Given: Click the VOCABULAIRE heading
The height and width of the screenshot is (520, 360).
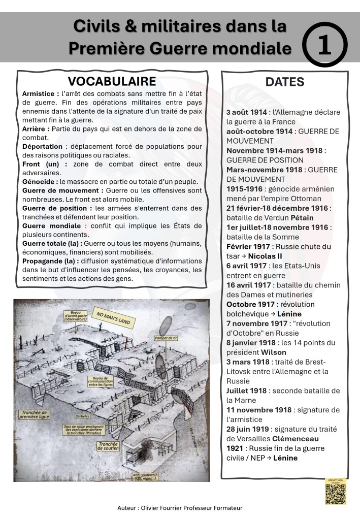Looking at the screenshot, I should (112, 82).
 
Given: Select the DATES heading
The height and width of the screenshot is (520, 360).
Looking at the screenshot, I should (285, 82).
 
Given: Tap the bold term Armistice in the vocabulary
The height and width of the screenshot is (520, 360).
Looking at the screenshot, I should (40, 94).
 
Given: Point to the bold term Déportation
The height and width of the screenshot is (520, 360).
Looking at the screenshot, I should (43, 146).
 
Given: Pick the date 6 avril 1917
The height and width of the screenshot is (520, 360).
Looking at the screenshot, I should (248, 266).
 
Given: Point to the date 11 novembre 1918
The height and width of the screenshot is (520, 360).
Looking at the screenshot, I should (259, 410).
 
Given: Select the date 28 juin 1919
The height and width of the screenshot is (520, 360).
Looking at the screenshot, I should (249, 429).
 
